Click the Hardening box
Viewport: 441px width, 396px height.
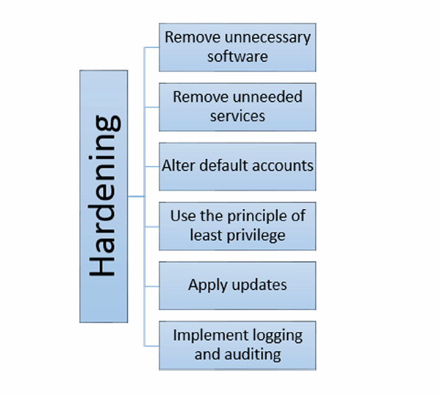tap(104, 196)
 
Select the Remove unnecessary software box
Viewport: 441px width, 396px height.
tap(237, 46)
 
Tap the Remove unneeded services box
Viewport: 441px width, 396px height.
tap(237, 107)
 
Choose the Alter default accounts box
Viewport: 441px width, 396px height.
tap(237, 166)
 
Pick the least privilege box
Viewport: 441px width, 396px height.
tap(237, 226)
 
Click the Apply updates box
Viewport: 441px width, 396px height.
tap(237, 286)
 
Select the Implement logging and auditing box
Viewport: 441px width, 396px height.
tap(237, 344)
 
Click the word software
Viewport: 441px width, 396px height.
tap(237, 56)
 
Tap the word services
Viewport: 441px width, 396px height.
tap(237, 116)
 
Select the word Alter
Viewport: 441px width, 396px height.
tap(178, 166)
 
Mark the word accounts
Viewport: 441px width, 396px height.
tap(282, 166)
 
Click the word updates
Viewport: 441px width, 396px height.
tap(257, 286)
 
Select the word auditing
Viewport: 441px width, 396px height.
tap(254, 354)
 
